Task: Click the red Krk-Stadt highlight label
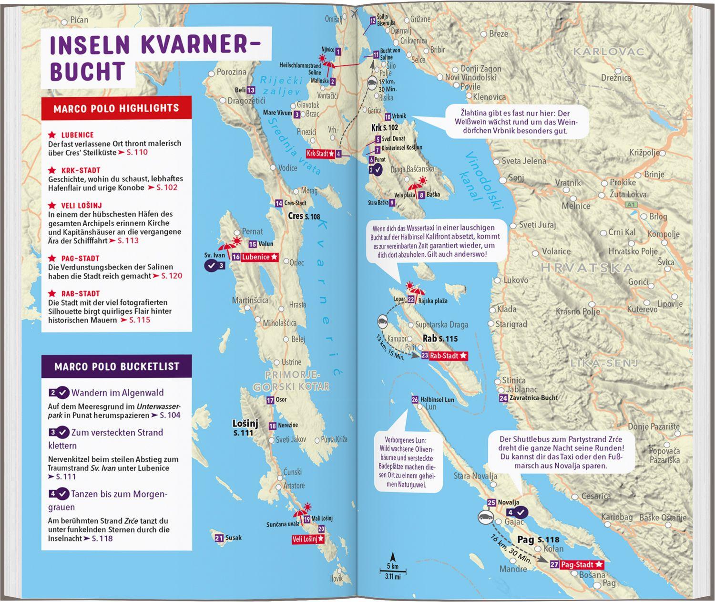320,154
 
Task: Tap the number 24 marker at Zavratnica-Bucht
502,398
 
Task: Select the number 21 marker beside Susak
219,538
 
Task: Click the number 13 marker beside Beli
251,90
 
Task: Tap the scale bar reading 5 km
393,569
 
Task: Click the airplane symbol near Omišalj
354,13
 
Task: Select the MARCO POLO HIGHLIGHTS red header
116,108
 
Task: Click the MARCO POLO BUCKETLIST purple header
117,366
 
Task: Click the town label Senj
516,177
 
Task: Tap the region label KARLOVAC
608,52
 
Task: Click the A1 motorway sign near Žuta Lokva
631,204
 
